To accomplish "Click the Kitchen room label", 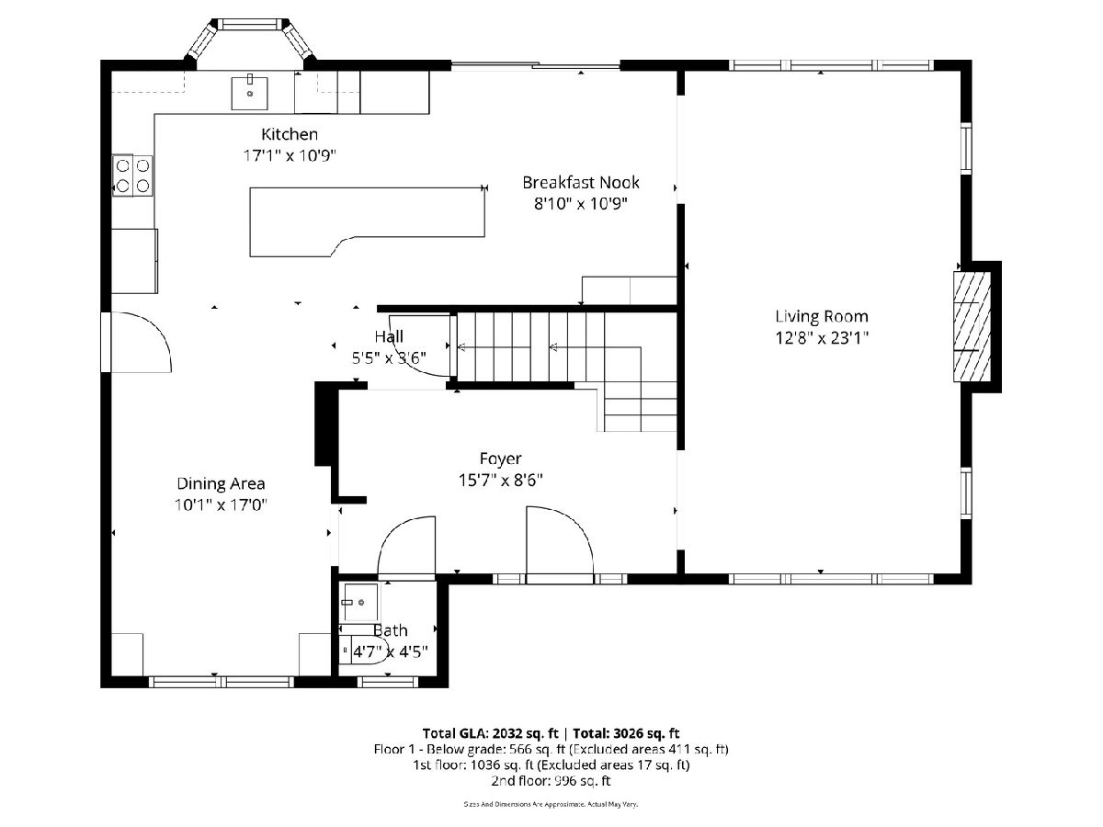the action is (290, 134).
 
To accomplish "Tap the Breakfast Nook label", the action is (580, 182).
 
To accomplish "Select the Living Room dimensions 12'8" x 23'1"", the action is (822, 338).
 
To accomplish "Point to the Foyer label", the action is (501, 459).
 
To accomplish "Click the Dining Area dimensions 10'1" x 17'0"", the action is (221, 504).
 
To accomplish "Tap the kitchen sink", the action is (249, 93).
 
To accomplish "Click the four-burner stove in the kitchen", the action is (132, 176).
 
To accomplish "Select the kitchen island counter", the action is (368, 221).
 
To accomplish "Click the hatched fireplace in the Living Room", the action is (972, 327).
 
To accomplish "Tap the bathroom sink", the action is (359, 602).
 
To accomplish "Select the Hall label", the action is (389, 336).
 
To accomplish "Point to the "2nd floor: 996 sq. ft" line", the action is (551, 781).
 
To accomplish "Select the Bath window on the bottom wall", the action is (388, 682).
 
